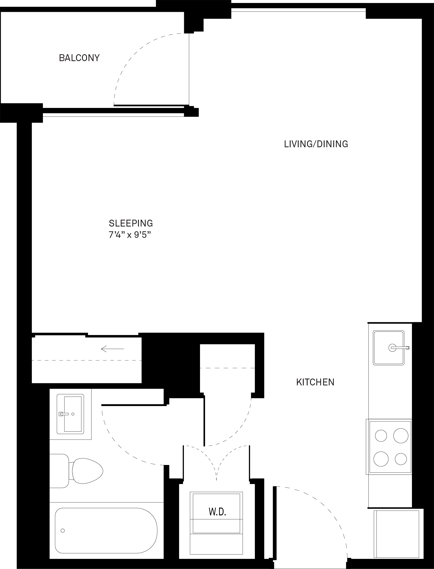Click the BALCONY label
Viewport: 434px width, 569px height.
pos(79,58)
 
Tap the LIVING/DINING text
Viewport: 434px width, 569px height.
pos(316,144)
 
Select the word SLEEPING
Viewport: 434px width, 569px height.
pos(131,223)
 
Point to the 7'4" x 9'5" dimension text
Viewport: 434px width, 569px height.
pos(130,235)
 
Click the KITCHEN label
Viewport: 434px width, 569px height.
pos(315,382)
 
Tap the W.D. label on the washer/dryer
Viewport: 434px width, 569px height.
pos(218,512)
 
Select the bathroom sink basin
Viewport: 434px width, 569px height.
pos(73,414)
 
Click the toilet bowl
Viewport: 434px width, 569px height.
pos(86,471)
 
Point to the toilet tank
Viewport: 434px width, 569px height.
pos(59,471)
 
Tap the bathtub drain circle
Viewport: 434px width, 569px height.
pos(63,531)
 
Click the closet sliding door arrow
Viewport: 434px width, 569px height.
pos(112,349)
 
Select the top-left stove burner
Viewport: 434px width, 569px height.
pos(381,436)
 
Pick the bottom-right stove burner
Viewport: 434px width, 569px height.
pos(401,459)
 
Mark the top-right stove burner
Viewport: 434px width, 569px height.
pos(401,436)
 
